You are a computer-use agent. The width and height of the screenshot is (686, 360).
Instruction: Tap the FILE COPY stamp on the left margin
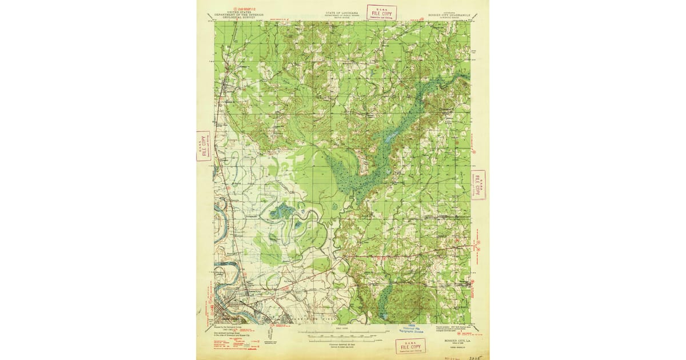(x=203, y=146)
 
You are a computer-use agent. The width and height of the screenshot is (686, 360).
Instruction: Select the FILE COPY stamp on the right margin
(x=478, y=185)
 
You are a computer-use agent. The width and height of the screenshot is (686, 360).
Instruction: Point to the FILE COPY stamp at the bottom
(x=410, y=346)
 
